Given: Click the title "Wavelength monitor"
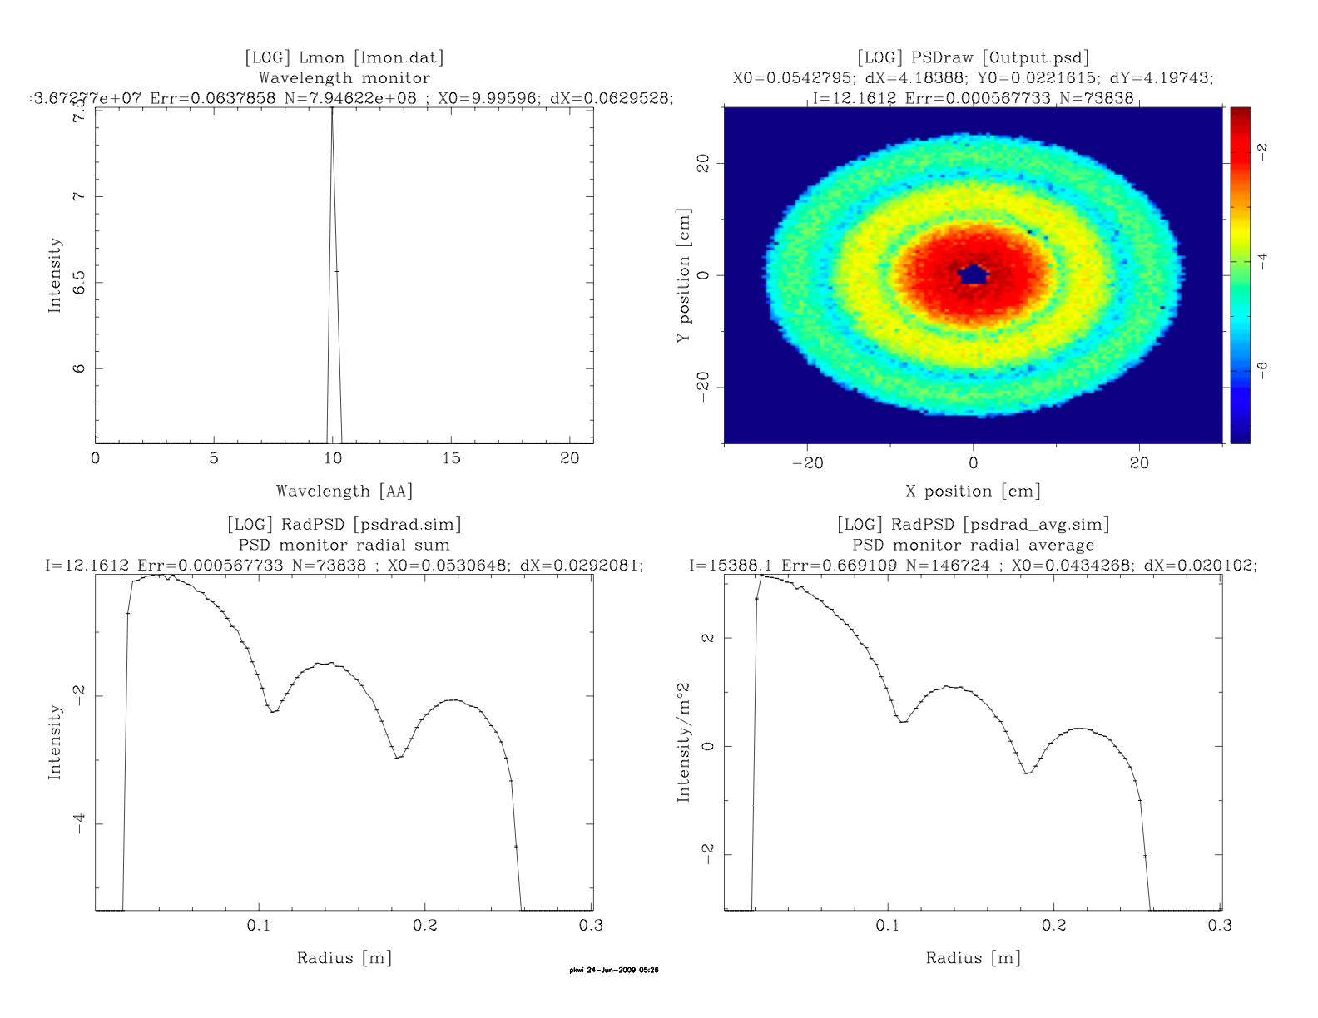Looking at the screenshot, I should (344, 78).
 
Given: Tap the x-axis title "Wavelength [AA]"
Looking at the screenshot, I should (344, 491).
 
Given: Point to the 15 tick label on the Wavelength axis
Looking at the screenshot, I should (451, 459).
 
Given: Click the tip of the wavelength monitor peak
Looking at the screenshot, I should (332, 109).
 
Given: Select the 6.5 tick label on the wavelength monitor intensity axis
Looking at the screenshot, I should (79, 283).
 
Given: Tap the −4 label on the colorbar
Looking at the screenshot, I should (1263, 261).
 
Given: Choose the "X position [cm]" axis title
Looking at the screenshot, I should (974, 491).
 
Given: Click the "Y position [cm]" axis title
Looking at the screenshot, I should (684, 275).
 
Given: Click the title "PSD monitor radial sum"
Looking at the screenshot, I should (344, 546).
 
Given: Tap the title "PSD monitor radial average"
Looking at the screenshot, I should (974, 546).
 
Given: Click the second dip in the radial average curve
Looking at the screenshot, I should (1028, 773).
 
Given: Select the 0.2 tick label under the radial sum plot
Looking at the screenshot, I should (425, 926).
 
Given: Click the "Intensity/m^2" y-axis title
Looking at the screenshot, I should (684, 742).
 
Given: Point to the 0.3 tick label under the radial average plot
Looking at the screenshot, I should (1220, 926).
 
